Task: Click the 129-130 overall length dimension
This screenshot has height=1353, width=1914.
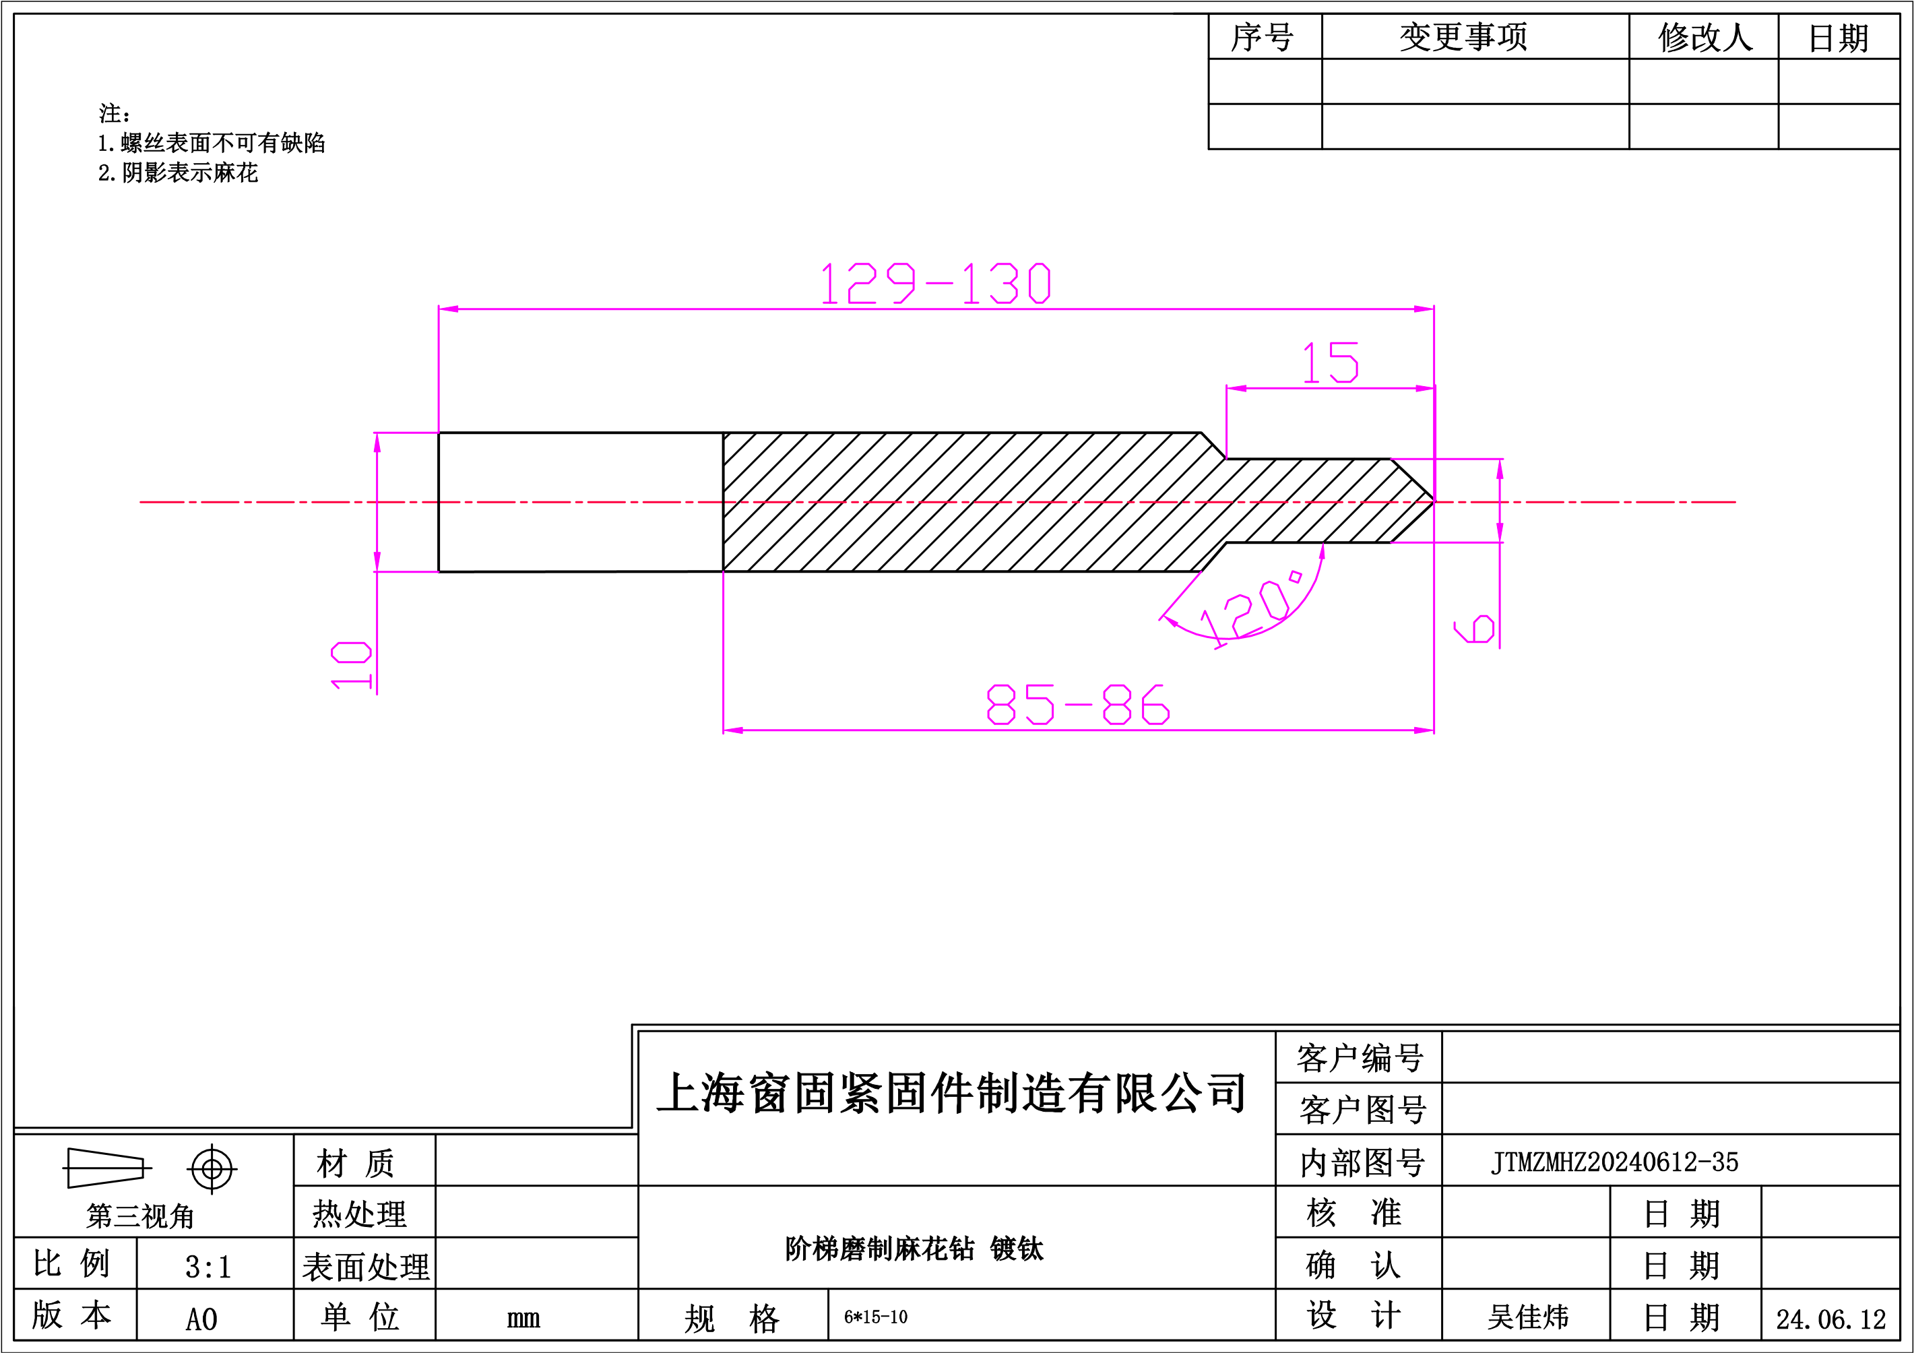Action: [x=935, y=284]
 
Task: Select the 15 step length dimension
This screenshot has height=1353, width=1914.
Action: [x=1331, y=362]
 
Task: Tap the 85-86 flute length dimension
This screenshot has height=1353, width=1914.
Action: [x=1078, y=705]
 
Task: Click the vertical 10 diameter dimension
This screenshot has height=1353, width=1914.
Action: [x=351, y=665]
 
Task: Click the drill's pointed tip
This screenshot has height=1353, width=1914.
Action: [x=1433, y=502]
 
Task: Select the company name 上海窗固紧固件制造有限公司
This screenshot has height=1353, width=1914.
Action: [x=951, y=1093]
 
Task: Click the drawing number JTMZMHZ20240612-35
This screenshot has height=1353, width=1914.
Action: [x=1615, y=1162]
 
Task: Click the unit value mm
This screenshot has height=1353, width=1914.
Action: [x=523, y=1319]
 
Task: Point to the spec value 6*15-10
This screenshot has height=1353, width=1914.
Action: [x=875, y=1317]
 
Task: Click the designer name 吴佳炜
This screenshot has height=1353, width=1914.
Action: [x=1528, y=1317]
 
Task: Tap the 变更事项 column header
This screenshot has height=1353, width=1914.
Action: [x=1464, y=36]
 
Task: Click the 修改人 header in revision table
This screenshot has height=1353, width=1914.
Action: [x=1706, y=36]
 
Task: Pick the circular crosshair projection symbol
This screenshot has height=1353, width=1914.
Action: [x=212, y=1169]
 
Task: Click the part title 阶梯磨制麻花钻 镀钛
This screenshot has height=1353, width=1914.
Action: [x=914, y=1249]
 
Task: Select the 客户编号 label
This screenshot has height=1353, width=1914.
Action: [x=1360, y=1058]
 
